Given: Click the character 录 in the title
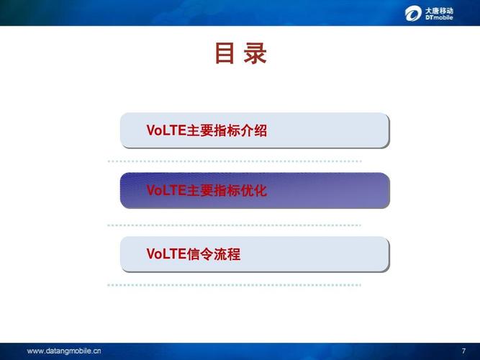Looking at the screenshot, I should (x=255, y=54).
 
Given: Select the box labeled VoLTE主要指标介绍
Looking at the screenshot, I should (x=254, y=130).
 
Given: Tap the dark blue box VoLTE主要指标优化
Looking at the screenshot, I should (x=254, y=191).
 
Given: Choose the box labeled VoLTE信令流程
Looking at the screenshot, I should (x=254, y=254).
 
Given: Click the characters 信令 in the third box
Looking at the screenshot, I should (x=199, y=254).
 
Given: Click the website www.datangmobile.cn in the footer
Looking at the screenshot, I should (x=64, y=351).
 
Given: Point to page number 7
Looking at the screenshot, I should (x=463, y=351).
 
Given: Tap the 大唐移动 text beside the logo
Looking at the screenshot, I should (x=439, y=9).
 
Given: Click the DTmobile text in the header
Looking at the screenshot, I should (x=439, y=17).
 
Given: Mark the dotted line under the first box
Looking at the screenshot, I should (x=234, y=161).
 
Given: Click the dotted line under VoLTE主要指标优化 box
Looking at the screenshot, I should (x=234, y=225).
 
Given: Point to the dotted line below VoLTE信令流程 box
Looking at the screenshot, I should (x=234, y=285).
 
